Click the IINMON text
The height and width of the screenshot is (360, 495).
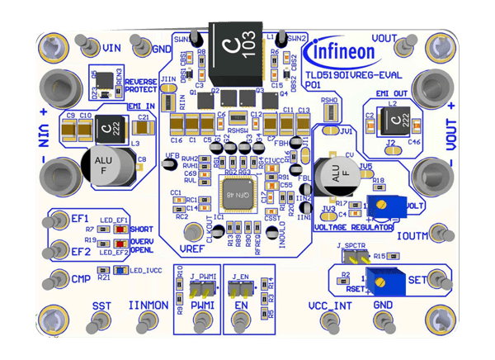tap(146, 306)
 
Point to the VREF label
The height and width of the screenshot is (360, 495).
tap(191, 247)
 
